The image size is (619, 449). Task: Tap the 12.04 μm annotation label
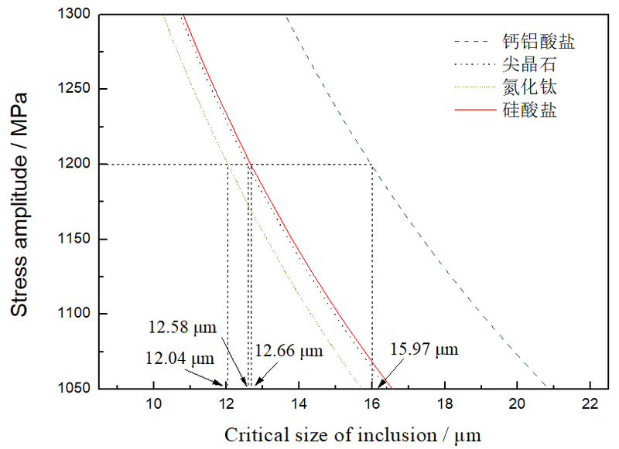click(x=179, y=358)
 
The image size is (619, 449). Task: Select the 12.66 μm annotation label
click(x=289, y=351)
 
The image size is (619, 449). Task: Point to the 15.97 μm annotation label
click(x=424, y=349)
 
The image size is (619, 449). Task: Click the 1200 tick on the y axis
click(x=75, y=164)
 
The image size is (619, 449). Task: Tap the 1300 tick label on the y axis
click(x=75, y=14)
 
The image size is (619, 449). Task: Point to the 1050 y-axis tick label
click(x=75, y=389)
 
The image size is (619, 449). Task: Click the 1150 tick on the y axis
click(x=75, y=239)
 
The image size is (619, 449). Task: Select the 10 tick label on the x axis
click(x=153, y=403)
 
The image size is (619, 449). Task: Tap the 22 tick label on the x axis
click(x=590, y=403)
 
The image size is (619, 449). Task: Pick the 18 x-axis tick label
click(x=445, y=403)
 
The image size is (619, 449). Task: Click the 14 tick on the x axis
click(x=299, y=403)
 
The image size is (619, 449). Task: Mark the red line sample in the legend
click(x=474, y=110)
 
